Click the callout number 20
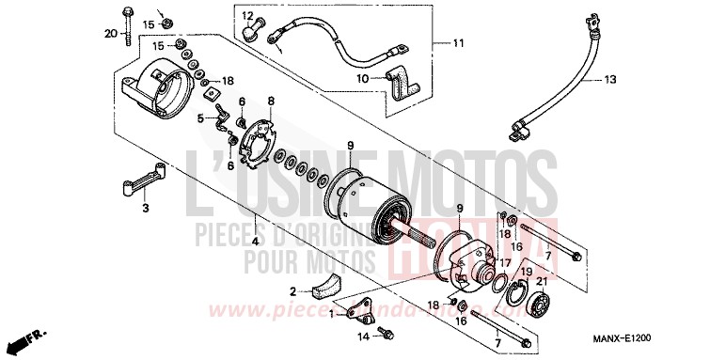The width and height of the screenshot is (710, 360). point(111,36)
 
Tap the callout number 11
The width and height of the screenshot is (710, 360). point(458,44)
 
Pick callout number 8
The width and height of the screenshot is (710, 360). point(271,101)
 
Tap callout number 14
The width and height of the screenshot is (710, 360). point(363,335)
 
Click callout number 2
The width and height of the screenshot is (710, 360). point(292,290)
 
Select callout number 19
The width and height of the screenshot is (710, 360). point(526,272)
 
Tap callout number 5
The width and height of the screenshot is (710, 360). point(200,118)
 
